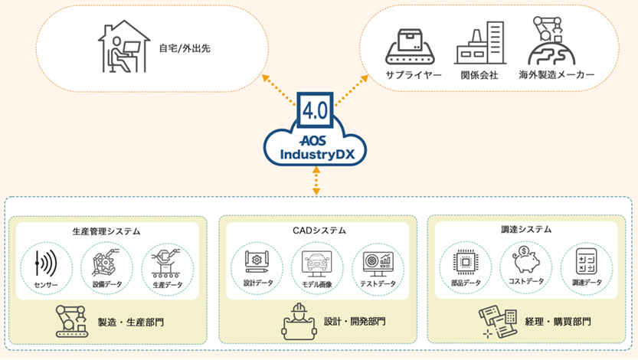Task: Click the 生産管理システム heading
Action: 107,230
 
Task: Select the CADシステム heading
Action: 317,230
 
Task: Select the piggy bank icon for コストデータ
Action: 526,260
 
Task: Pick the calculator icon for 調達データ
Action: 587,263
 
